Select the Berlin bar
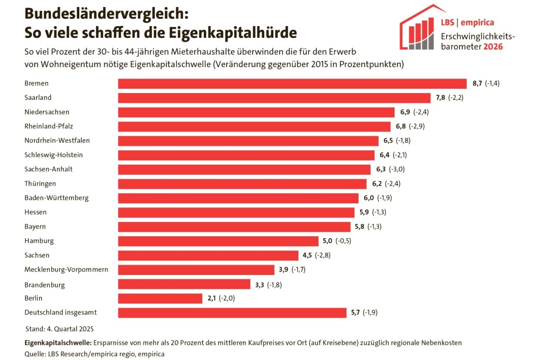click(160, 298)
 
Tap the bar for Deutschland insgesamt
click(232, 313)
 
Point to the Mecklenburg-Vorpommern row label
click(66, 270)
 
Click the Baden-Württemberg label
click(56, 198)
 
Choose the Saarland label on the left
click(38, 98)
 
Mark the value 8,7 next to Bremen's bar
click(477, 84)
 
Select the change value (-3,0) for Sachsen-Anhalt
click(397, 170)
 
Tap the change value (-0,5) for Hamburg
click(343, 241)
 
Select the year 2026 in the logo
click(493, 47)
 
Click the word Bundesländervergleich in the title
click(107, 14)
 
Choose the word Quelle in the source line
click(35, 353)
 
